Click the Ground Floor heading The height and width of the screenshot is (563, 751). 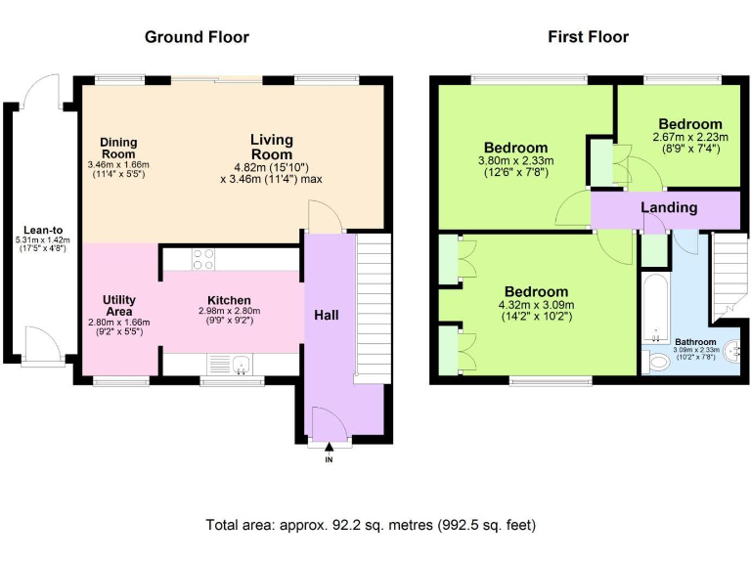197,37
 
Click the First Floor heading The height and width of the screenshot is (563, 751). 588,37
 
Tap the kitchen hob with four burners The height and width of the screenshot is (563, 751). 203,259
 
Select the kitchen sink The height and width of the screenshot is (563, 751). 242,364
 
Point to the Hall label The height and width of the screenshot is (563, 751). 327,315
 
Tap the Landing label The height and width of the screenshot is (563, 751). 669,208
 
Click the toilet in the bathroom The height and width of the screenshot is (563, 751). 656,362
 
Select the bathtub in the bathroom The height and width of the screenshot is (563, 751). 655,308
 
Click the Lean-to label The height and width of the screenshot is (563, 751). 43,231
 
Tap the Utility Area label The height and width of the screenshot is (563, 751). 119,305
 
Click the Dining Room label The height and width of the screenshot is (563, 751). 118,148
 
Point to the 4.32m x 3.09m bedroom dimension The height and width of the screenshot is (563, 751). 537,310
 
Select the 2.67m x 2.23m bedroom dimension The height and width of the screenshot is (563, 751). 690,143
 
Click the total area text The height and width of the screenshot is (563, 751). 371,525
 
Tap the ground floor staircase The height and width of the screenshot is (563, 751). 373,308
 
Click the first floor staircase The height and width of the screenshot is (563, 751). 729,277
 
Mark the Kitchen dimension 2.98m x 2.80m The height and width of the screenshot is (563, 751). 230,316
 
